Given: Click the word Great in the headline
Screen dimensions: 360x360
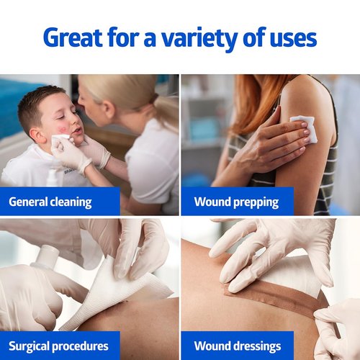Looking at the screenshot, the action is [x=73, y=37].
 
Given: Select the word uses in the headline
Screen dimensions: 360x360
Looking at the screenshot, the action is [x=293, y=40].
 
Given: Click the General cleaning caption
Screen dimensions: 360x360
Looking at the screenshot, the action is [x=50, y=202].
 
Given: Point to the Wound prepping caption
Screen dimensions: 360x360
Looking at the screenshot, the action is [x=236, y=202].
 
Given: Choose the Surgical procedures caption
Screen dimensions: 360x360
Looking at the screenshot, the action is [x=58, y=346].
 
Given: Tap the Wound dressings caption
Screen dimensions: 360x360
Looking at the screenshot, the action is [x=238, y=346].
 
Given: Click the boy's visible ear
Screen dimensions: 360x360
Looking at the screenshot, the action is [x=38, y=135].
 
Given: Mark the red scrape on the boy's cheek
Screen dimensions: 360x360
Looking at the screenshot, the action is [x=61, y=130].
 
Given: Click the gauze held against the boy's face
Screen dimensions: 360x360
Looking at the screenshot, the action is [x=60, y=138].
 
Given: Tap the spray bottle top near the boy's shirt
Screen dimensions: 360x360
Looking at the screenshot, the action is [x=51, y=176].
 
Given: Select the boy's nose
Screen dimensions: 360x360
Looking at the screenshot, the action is [x=74, y=123].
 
